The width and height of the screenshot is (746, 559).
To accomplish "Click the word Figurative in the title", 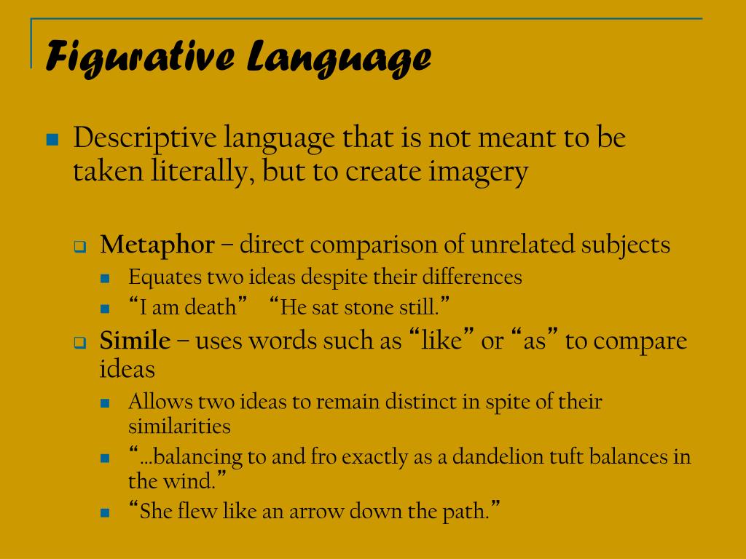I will click(138, 57).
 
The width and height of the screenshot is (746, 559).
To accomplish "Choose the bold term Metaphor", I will click(157, 245).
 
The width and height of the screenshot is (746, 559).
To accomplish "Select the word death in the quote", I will click(211, 307).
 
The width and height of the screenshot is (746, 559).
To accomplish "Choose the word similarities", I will click(179, 426).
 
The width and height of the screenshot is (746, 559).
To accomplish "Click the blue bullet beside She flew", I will click(105, 513).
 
